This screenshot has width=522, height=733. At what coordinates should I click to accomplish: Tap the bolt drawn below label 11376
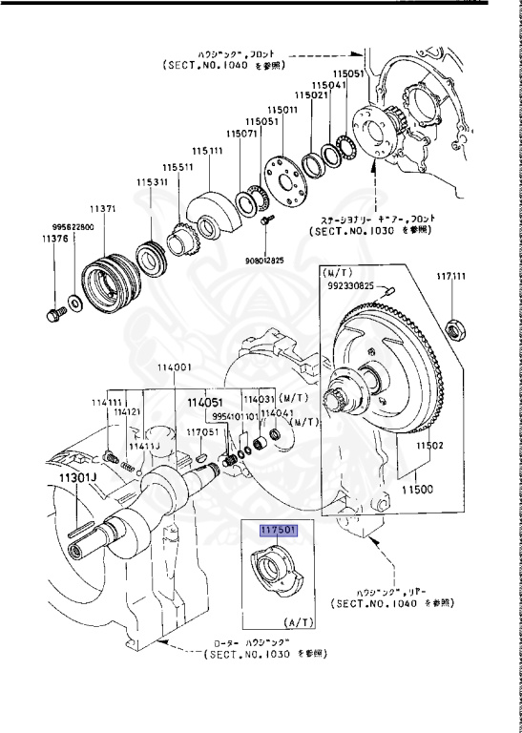[x=53, y=312]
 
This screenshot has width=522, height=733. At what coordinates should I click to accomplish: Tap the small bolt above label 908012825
[x=261, y=221]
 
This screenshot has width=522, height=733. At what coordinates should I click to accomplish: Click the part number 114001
[x=174, y=367]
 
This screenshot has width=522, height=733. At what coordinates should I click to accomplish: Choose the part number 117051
[x=201, y=431]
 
